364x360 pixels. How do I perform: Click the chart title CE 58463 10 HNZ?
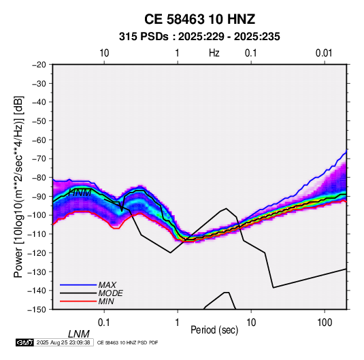pyautogui.click(x=199, y=19)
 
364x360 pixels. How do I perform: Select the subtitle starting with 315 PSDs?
pyautogui.click(x=199, y=37)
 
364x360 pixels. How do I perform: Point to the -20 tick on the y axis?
pyautogui.click(x=39, y=65)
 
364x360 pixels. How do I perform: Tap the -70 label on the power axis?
pyautogui.click(x=39, y=159)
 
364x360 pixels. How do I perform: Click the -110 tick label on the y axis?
pyautogui.click(x=37, y=234)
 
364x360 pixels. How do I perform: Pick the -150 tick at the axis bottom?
pyautogui.click(x=37, y=310)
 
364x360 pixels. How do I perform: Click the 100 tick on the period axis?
pyautogui.click(x=325, y=323)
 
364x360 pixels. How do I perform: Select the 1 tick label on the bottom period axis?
pyautogui.click(x=178, y=323)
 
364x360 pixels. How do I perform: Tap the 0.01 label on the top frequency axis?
pyautogui.click(x=324, y=53)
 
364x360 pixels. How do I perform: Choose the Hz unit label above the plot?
pyautogui.click(x=214, y=53)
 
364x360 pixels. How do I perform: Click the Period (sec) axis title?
pyautogui.click(x=214, y=330)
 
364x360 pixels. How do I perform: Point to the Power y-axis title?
pyautogui.click(x=18, y=186)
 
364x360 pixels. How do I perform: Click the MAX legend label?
pyautogui.click(x=107, y=284)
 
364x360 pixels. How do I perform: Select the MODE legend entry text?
pyautogui.click(x=110, y=293)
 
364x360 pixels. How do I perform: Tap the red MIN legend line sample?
pyautogui.click(x=78, y=301)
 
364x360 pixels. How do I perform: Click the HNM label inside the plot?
pyautogui.click(x=80, y=193)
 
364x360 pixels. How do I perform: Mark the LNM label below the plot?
pyautogui.click(x=79, y=334)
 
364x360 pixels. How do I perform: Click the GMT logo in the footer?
pyautogui.click(x=24, y=342)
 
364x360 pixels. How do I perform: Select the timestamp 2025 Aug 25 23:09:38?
pyautogui.click(x=63, y=342)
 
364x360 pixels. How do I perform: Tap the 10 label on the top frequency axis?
pyautogui.click(x=104, y=53)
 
